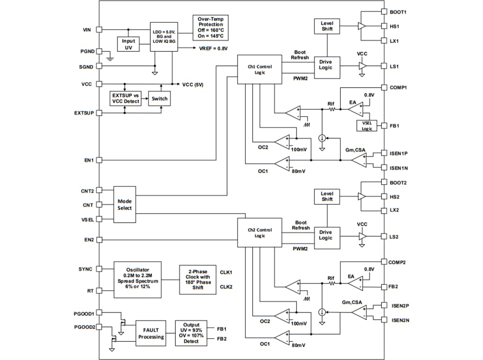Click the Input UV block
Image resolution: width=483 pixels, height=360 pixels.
click(x=128, y=44)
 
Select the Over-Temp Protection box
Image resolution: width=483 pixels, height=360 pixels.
click(x=211, y=27)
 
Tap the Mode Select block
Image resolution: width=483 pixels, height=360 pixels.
click(x=124, y=205)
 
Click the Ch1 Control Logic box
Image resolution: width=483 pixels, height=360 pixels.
click(x=259, y=69)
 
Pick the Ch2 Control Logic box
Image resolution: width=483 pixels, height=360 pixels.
click(x=259, y=233)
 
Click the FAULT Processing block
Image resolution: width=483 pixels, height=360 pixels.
click(x=151, y=333)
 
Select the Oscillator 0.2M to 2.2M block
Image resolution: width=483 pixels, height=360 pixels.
click(x=138, y=278)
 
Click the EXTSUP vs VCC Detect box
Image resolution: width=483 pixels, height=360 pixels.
click(x=126, y=98)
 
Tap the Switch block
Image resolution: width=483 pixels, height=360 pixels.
click(x=160, y=98)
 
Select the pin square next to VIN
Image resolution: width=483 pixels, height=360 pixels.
click(x=99, y=30)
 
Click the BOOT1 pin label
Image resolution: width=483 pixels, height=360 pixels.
click(x=398, y=12)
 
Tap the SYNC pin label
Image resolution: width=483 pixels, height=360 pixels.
click(x=85, y=269)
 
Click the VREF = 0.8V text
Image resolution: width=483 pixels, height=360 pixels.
click(x=213, y=48)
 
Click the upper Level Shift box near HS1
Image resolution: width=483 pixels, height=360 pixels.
click(x=327, y=26)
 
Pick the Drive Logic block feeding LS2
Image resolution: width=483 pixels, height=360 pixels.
click(x=325, y=235)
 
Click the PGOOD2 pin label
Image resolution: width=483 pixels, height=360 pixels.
click(x=84, y=327)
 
